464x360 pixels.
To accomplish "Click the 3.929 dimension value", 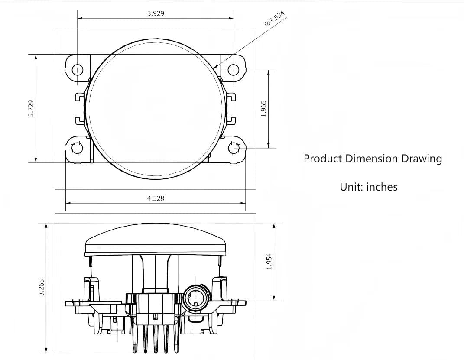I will click(x=156, y=13).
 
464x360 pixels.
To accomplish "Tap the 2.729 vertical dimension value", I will click(x=31, y=108).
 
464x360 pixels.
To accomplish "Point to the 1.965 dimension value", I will click(x=264, y=108).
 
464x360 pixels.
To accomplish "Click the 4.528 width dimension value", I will click(x=156, y=198).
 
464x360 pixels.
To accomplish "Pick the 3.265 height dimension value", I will click(x=42, y=287).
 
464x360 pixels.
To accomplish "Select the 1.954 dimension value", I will click(x=269, y=261).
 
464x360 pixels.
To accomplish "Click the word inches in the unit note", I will click(x=382, y=187).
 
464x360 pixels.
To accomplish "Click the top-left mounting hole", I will click(x=78, y=69).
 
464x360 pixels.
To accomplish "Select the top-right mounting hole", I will click(x=234, y=69).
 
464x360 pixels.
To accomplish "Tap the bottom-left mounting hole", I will click(x=77, y=148).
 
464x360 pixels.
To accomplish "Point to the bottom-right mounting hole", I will click(x=234, y=148).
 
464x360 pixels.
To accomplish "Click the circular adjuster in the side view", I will click(x=196, y=298).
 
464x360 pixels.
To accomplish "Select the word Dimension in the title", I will click(x=372, y=159).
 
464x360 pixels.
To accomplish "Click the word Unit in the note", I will click(x=350, y=187).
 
